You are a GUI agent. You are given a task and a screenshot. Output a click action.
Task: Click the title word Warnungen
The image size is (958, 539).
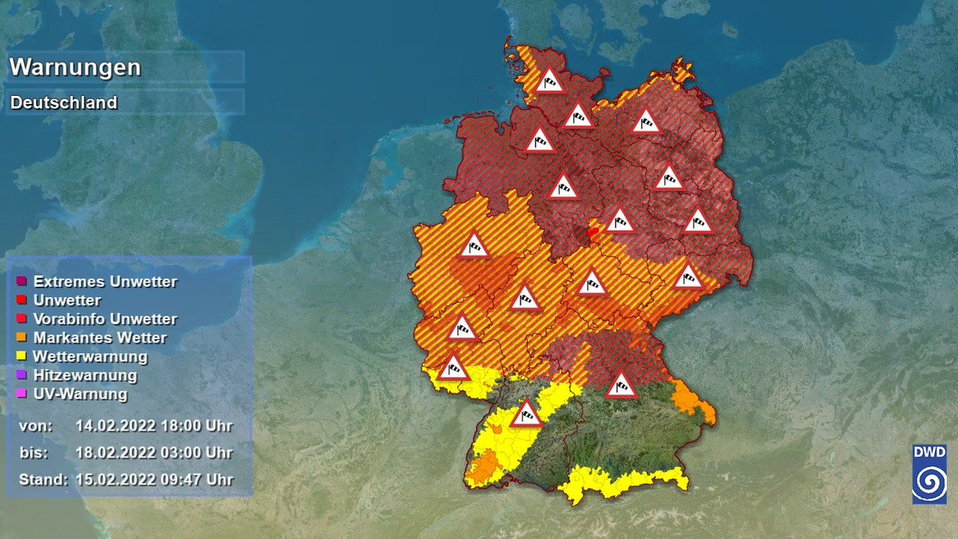click(75, 67)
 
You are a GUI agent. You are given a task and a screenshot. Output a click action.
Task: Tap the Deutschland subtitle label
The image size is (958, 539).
click(64, 103)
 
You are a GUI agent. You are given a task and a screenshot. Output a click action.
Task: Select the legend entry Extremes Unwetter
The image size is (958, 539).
click(105, 282)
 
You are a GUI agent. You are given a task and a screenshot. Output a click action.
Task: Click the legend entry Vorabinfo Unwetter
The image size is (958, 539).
click(105, 319)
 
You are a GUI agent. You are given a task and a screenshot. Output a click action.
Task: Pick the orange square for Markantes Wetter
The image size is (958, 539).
click(22, 338)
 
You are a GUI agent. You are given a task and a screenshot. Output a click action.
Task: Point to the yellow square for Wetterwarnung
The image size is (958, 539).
click(22, 356)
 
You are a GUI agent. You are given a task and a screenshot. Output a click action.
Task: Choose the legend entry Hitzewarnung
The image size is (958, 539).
click(85, 375)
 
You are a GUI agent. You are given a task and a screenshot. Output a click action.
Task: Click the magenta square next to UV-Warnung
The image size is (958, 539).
click(22, 394)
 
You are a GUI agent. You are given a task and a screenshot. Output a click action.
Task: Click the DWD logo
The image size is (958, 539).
click(928, 474)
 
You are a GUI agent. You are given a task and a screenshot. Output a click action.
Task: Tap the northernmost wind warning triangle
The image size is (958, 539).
click(550, 81)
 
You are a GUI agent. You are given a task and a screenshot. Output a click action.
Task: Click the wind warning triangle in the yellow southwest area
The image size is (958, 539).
click(526, 414)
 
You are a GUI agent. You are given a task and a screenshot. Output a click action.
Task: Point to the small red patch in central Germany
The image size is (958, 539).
click(592, 232)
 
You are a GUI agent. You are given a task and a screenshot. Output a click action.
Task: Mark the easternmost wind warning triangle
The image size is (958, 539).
click(698, 220)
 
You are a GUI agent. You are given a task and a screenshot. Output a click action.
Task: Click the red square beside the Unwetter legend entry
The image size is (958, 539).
click(22, 300)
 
